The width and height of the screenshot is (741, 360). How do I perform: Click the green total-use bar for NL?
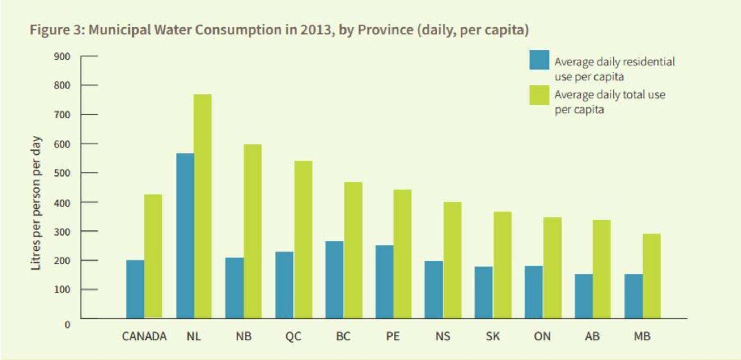pos(202,206)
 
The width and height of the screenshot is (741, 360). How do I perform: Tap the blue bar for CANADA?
pos(135,289)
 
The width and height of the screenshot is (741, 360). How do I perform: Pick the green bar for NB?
pos(252,232)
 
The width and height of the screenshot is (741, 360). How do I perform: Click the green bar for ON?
pos(552,268)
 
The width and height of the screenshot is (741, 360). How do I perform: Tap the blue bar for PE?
pos(384,282)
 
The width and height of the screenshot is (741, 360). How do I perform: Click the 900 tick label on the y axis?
pos(62,56)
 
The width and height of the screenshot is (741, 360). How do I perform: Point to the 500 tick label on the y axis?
pos(62,173)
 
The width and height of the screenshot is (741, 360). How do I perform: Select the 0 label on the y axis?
pos(67,325)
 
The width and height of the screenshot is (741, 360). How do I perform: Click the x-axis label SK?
pos(493,336)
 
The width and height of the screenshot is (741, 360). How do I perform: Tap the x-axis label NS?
pos(443,336)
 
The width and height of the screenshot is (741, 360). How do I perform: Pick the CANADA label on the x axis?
pos(144,336)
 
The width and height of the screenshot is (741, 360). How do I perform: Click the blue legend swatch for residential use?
pos(539,60)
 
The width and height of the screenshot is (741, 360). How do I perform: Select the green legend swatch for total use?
pos(539,95)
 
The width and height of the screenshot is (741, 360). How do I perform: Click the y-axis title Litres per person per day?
pos(36,203)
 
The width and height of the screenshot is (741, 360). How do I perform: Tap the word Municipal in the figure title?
pos(119,30)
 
